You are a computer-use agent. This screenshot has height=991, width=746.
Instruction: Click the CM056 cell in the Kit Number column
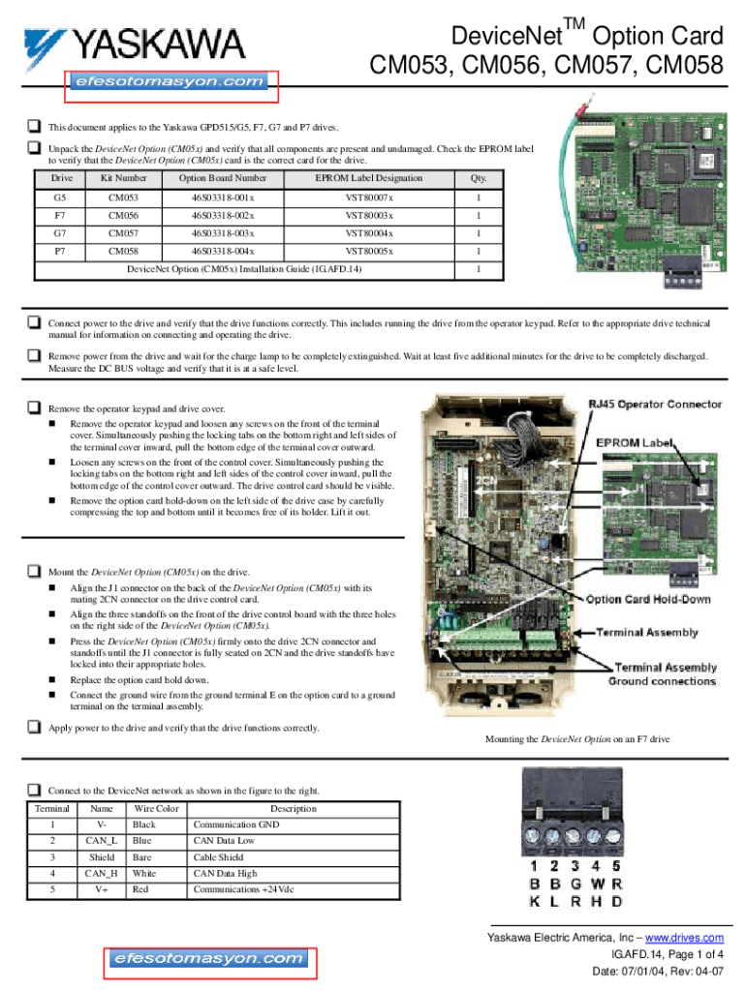123,216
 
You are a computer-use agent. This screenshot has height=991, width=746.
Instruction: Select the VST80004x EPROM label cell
369,233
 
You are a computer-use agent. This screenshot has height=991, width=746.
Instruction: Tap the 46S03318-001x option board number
223,197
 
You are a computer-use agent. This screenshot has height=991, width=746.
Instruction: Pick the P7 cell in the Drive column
60,251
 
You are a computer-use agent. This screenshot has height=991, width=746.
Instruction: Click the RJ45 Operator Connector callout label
656,404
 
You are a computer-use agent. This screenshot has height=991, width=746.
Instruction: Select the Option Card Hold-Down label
647,599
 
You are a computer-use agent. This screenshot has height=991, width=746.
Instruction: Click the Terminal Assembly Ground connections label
663,675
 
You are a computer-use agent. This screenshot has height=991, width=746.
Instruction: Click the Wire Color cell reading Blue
142,841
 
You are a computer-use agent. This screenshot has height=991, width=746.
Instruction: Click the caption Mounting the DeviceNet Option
576,739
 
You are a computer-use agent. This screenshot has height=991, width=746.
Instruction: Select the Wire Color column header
156,808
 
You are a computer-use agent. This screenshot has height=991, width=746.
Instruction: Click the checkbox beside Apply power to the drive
34,727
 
